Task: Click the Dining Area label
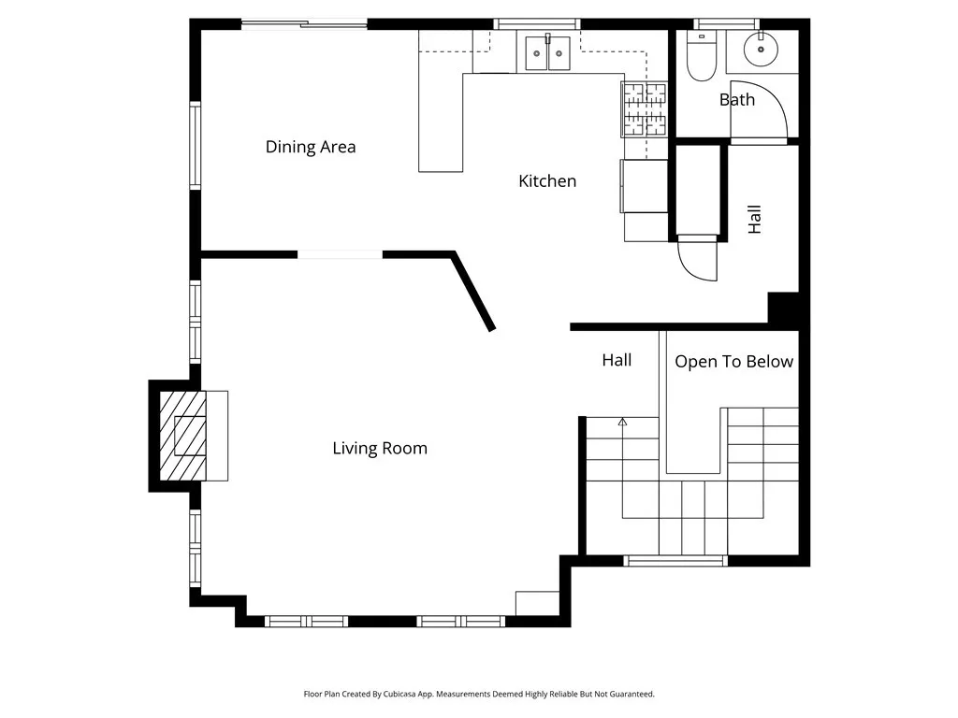coord(311,147)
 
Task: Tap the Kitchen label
coord(547,180)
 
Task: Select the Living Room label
coord(380,449)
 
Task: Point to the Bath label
coord(737,99)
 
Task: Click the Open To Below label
coord(733,362)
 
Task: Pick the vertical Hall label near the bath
coord(755,219)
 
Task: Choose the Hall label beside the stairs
coord(617,360)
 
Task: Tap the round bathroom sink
coord(761,49)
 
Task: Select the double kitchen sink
coord(548,53)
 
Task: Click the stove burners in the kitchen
coord(645,108)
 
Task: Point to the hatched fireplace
coord(183,436)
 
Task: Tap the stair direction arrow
coord(622,422)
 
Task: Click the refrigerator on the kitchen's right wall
coord(644,186)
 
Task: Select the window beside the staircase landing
coord(675,561)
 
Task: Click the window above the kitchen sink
coord(536,24)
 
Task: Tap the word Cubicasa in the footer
coord(400,695)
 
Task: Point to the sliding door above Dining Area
coord(304,24)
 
